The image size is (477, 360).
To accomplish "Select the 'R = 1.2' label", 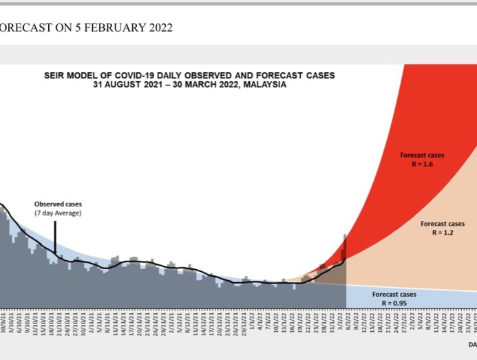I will click(443, 233).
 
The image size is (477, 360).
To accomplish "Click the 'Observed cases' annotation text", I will click(58, 204).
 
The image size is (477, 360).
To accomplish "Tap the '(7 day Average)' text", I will click(58, 213).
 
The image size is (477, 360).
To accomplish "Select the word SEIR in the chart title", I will click(55, 76).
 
